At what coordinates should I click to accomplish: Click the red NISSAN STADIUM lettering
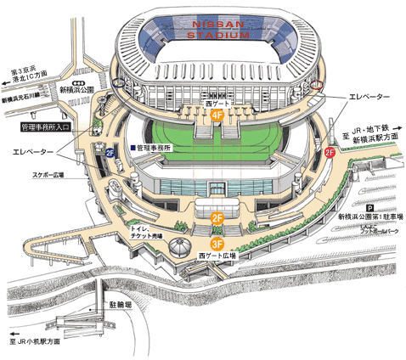point(218,31)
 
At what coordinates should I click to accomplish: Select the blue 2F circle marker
point(110,153)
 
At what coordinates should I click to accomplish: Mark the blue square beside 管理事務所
point(133,147)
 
